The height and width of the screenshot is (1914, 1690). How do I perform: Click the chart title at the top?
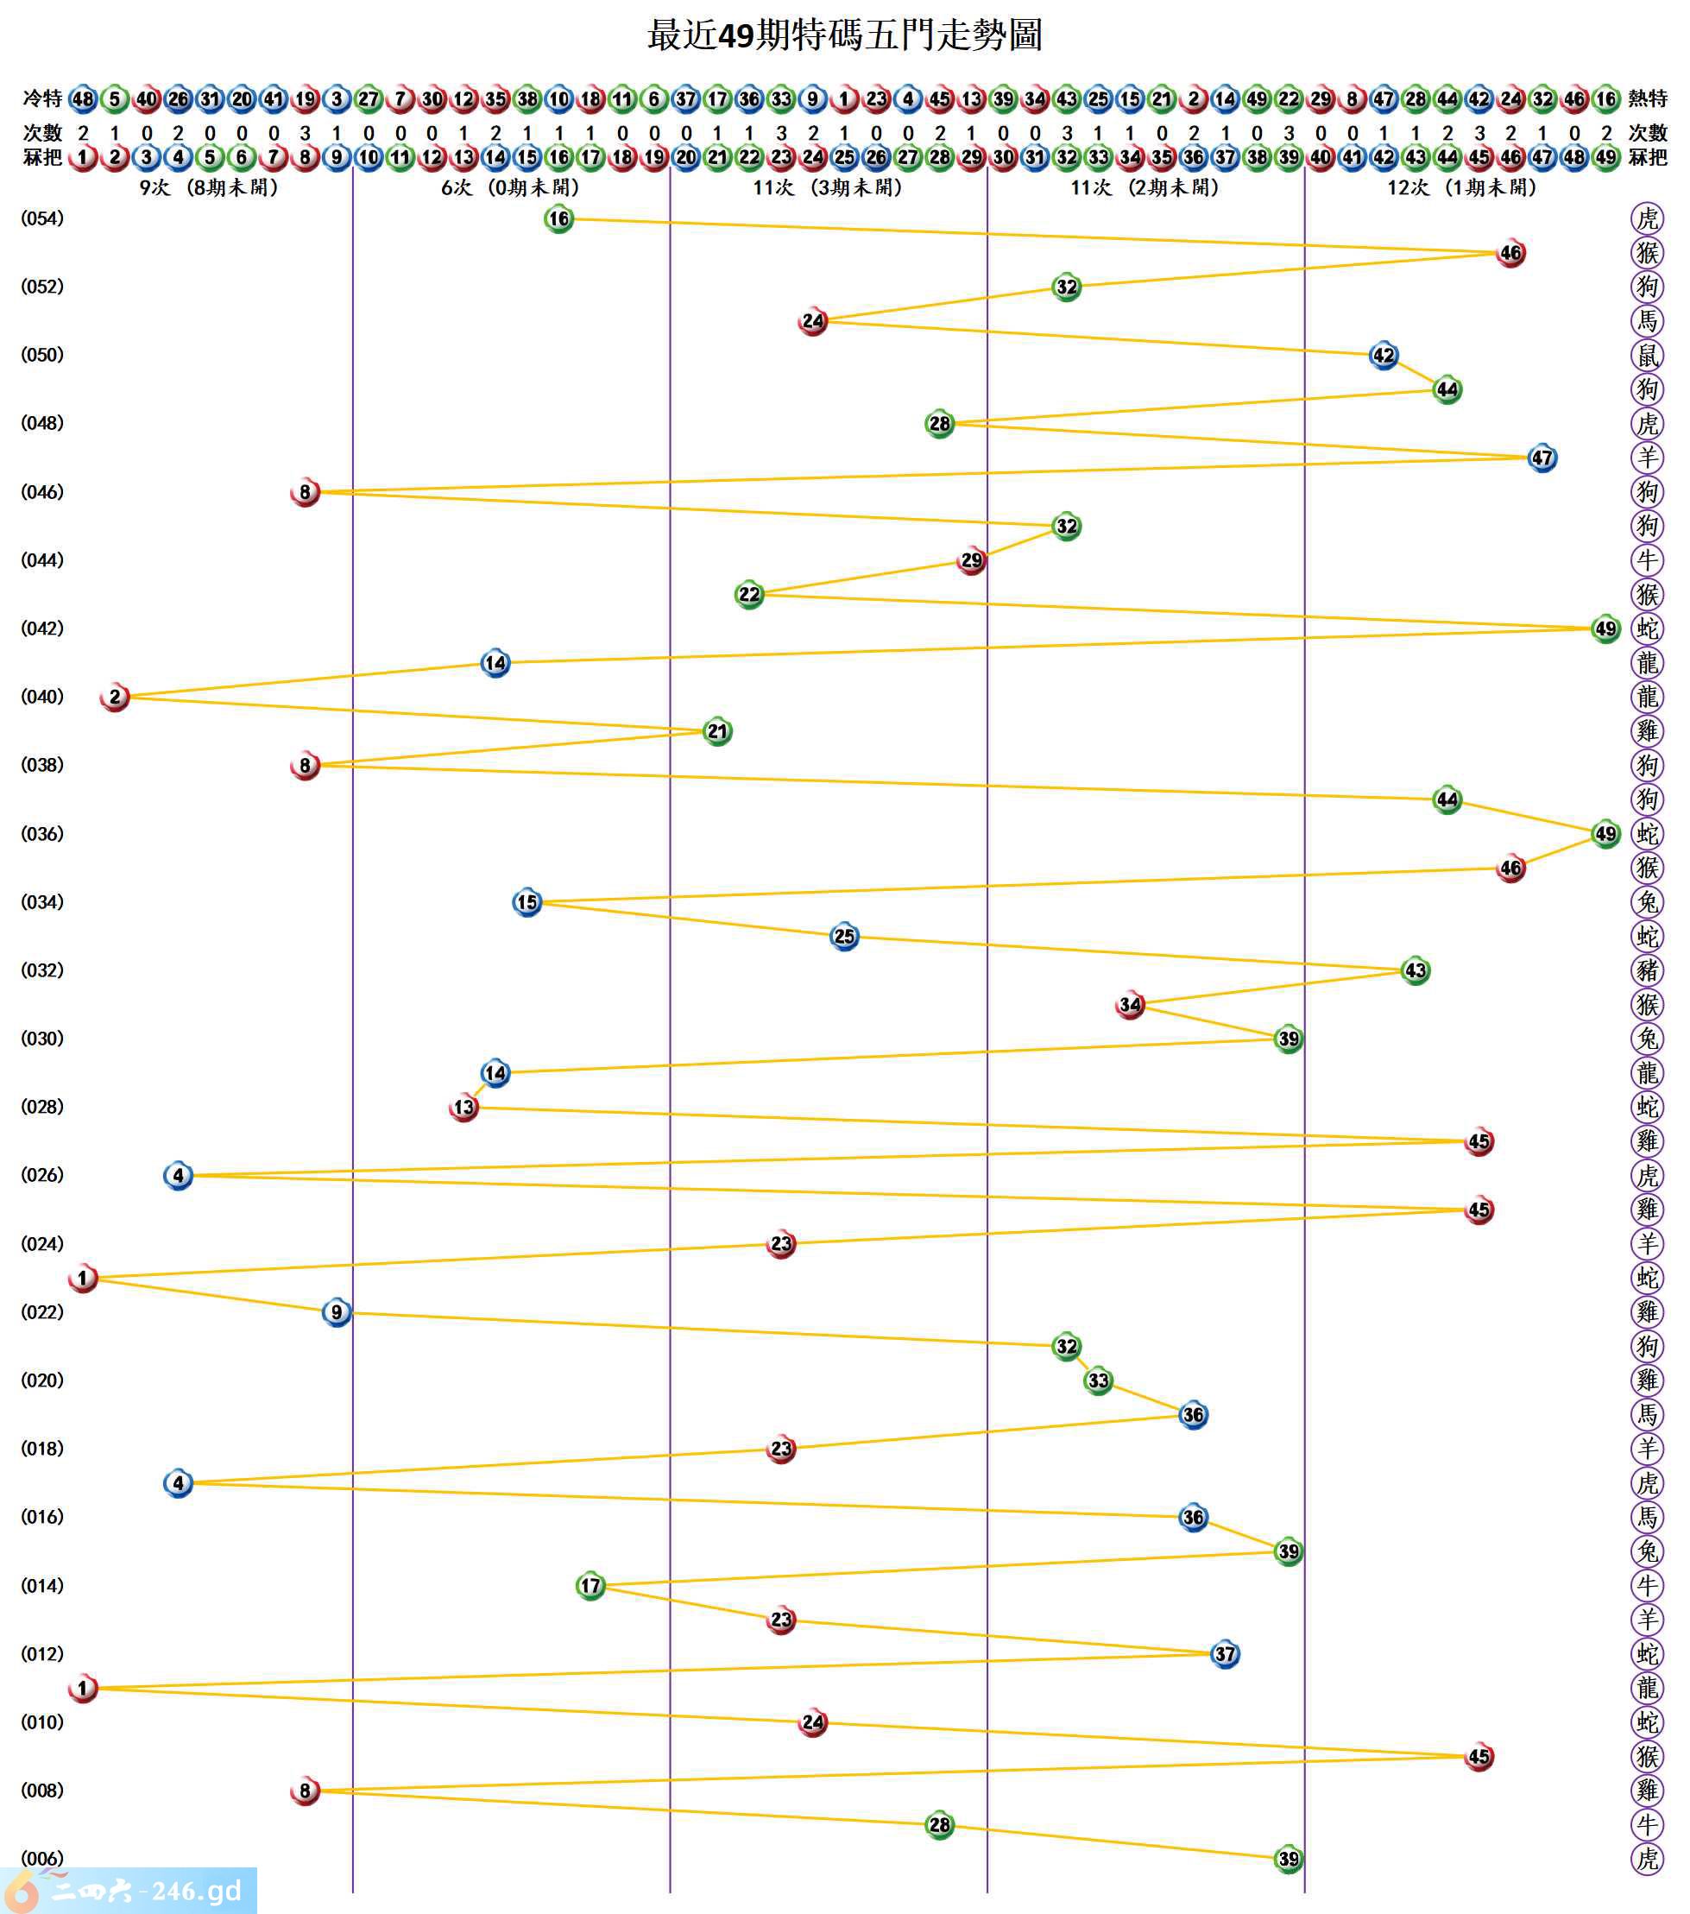click(843, 35)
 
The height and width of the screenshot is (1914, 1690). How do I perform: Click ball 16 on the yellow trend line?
click(558, 219)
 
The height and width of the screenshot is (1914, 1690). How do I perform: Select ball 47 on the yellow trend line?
click(1542, 458)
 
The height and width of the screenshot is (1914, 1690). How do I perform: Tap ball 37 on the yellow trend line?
click(1225, 1653)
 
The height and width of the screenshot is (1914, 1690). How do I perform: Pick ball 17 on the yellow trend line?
click(590, 1585)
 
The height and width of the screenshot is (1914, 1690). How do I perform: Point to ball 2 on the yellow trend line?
click(114, 697)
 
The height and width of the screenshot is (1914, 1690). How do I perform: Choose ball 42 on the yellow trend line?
click(1383, 355)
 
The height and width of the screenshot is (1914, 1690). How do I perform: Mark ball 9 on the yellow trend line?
click(336, 1312)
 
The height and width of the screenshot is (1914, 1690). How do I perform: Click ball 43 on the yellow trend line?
click(1415, 970)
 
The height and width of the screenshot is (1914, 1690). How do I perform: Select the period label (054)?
click(42, 219)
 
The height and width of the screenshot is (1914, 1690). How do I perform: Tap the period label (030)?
click(42, 1039)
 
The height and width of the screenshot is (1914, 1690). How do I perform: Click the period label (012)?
click(42, 1653)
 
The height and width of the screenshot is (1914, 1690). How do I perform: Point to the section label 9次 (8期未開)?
click(209, 188)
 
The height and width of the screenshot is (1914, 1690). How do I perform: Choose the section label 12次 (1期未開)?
click(1461, 188)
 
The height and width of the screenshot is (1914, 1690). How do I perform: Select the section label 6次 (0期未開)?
click(510, 188)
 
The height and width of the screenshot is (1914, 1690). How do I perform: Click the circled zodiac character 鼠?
click(1646, 355)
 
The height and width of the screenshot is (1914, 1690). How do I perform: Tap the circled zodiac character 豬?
click(1646, 970)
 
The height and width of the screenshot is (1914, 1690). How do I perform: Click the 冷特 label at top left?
click(42, 98)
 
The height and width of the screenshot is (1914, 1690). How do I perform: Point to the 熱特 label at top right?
click(1647, 98)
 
